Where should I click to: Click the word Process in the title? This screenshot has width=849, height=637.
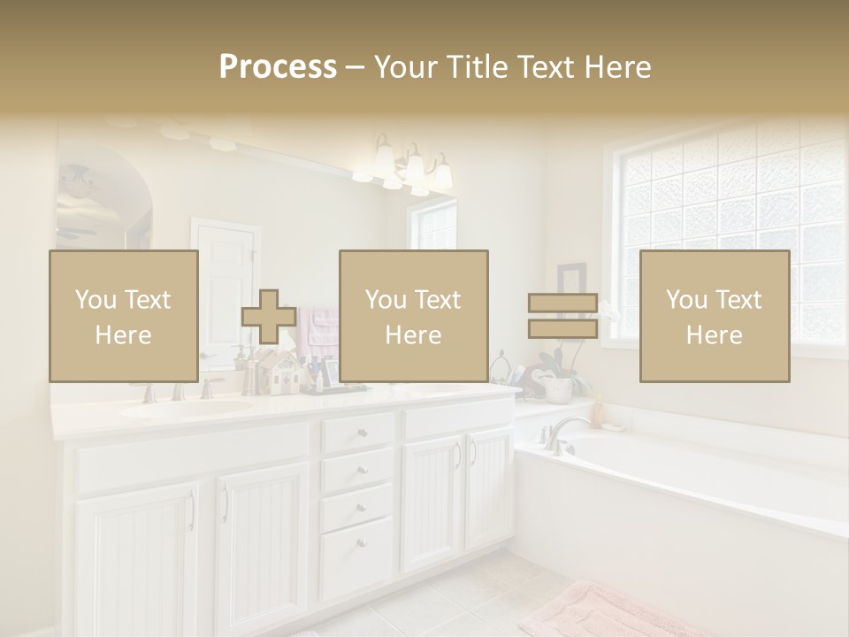(x=278, y=67)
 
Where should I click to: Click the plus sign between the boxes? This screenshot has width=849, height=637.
(x=269, y=317)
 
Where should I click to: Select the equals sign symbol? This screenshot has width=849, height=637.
(x=562, y=316)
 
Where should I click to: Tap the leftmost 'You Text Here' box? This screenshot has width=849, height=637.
(x=124, y=317)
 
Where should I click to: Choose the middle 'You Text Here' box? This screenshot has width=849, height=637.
(x=414, y=317)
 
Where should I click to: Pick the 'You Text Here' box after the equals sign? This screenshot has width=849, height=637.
(x=715, y=317)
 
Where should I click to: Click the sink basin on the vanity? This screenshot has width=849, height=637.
(x=186, y=408)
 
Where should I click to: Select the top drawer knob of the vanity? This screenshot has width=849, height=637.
(x=361, y=433)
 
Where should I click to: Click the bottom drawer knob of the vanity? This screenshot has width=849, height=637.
(x=361, y=541)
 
